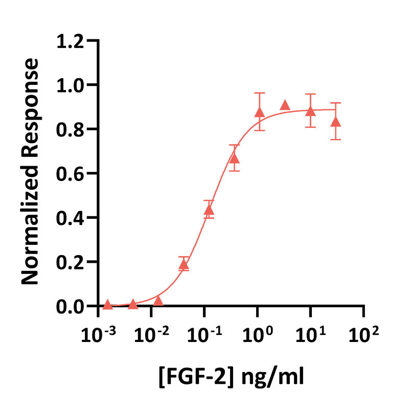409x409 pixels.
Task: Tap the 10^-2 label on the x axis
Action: coord(151,335)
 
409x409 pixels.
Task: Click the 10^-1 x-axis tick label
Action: coord(204,335)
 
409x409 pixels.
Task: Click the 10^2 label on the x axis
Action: coord(365,335)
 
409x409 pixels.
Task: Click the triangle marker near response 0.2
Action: coord(184,264)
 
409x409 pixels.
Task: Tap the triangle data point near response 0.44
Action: coord(209,210)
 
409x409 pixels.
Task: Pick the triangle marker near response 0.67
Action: coord(234,158)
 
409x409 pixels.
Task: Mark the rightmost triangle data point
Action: coord(335,122)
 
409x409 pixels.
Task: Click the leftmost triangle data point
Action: coord(107,305)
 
